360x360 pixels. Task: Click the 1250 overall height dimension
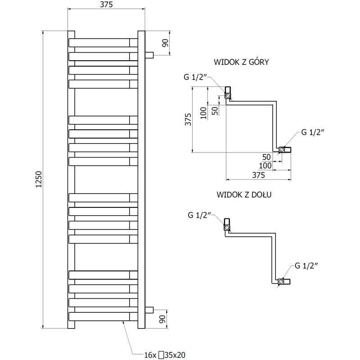39,180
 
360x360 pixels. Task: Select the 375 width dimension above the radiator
106,4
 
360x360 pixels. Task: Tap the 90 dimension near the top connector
165,43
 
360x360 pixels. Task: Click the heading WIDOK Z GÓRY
242,62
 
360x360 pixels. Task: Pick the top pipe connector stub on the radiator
149,55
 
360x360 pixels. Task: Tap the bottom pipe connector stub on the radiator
149,310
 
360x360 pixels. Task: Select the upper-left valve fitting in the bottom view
228,224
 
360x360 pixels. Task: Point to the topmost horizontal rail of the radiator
103,42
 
